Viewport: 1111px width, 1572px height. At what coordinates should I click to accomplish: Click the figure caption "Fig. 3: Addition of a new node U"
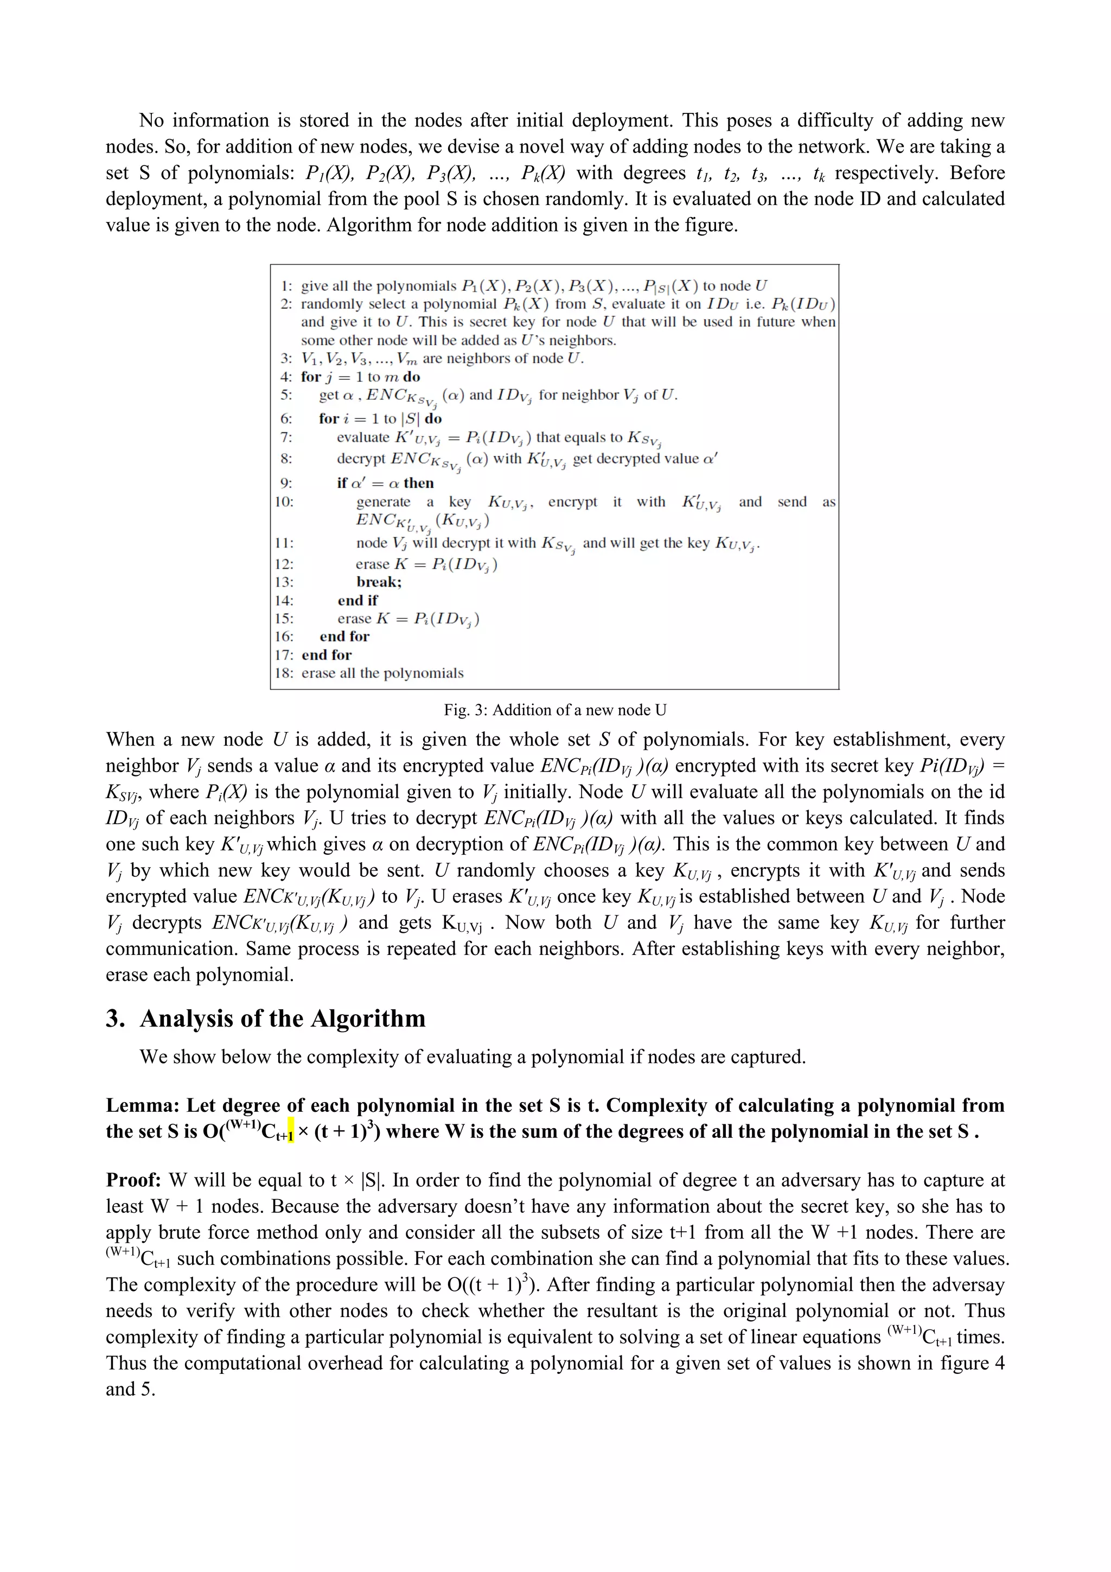click(x=554, y=710)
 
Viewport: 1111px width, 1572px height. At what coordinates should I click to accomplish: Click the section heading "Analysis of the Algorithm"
click(x=282, y=1019)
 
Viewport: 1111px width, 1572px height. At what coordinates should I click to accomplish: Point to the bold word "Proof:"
click(x=133, y=1180)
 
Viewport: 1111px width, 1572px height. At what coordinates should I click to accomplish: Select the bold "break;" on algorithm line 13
click(x=379, y=582)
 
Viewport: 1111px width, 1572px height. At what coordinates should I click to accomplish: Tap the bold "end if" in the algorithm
click(x=357, y=601)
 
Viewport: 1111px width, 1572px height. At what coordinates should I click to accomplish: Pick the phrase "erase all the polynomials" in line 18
click(x=382, y=673)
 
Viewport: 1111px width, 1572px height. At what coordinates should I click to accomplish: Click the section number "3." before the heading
click(x=116, y=1019)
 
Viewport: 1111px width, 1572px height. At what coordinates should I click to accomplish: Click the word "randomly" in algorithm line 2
click(x=331, y=304)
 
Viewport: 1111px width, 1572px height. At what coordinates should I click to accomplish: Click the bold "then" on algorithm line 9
click(x=418, y=483)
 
